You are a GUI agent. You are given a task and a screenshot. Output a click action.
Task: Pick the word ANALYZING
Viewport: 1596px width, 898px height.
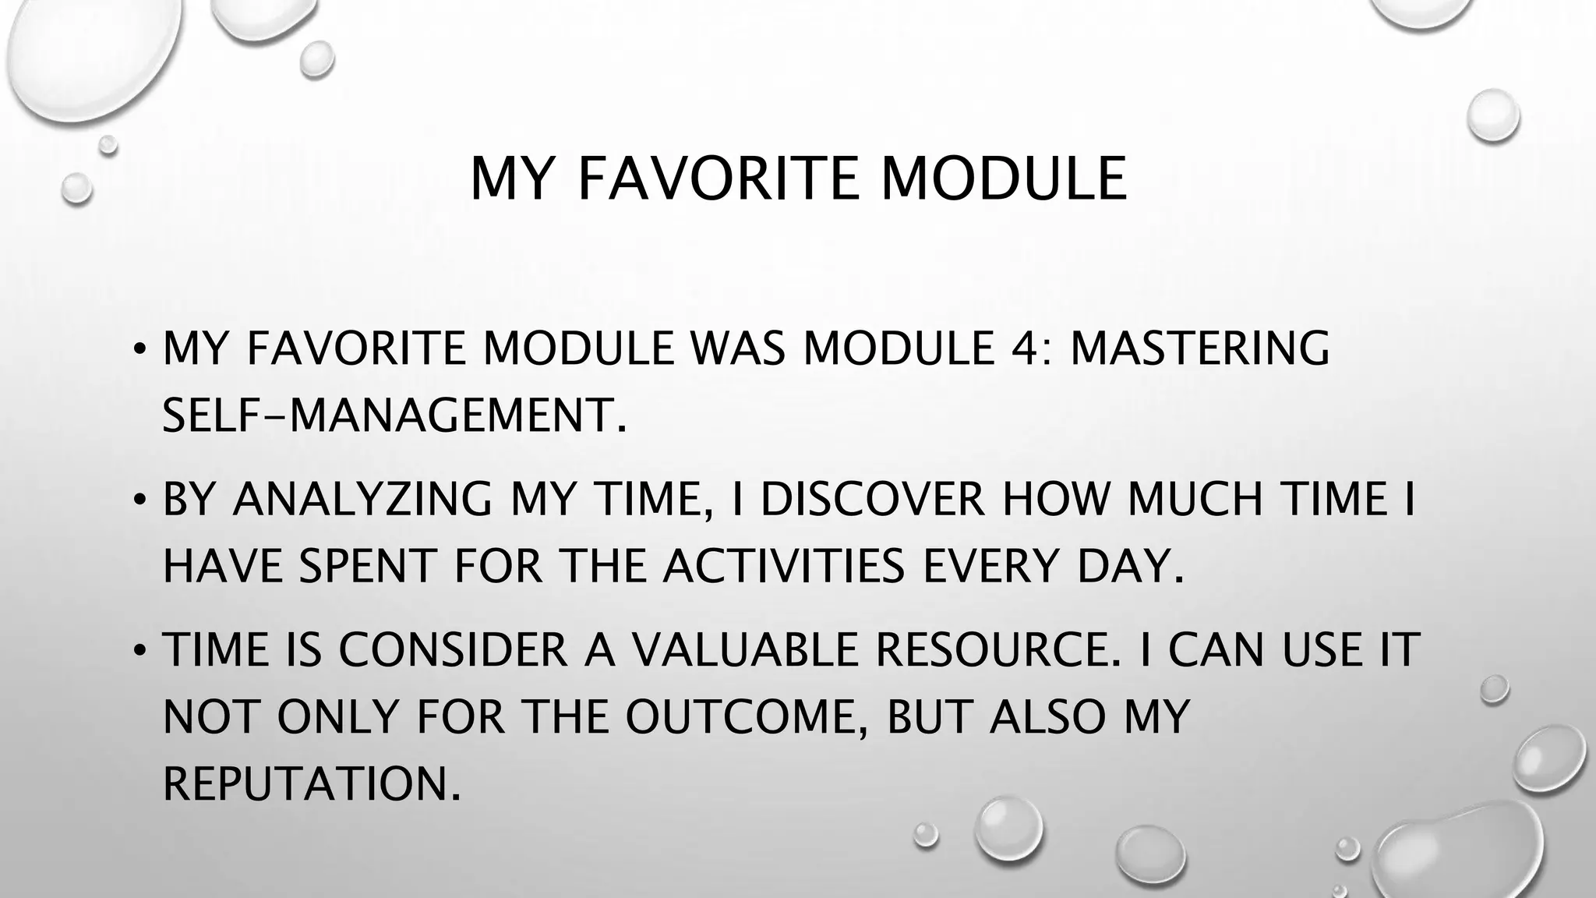[362, 499]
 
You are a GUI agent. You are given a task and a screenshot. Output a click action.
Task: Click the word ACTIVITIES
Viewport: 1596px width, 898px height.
[785, 566]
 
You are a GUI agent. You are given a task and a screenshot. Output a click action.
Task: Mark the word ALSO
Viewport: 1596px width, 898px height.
[1048, 716]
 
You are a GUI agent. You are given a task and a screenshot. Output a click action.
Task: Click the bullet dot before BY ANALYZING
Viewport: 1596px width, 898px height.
[139, 499]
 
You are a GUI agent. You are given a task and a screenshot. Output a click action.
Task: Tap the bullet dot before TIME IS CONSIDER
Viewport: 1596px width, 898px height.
[139, 649]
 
